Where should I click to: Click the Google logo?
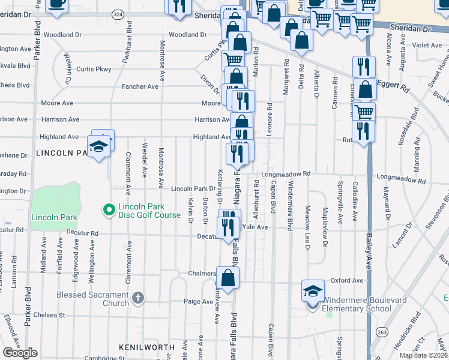pos(20,353)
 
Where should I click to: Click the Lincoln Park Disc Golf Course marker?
pos(109,210)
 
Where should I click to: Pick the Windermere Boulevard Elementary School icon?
pos(313,291)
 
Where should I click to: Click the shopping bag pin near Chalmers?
pos(228,277)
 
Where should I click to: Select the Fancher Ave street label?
pos(140,86)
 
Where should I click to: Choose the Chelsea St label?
pos(49,315)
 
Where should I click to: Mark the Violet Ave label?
pos(427,45)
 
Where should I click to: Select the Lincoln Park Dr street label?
pos(193,188)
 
